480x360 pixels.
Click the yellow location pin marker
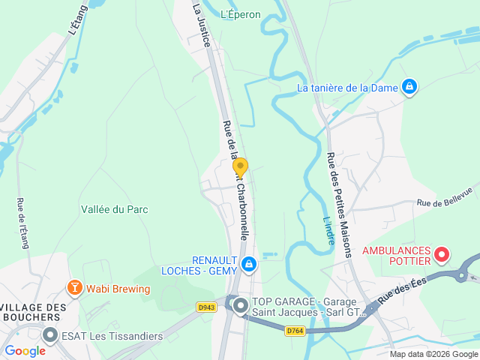pyautogui.click(x=240, y=167)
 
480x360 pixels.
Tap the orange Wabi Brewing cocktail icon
pyautogui.click(x=75, y=288)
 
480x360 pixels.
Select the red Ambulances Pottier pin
pyautogui.click(x=442, y=255)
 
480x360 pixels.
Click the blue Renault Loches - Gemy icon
pyautogui.click(x=249, y=264)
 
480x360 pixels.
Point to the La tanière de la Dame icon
pyautogui.click(x=409, y=88)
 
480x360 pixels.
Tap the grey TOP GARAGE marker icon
pyautogui.click(x=241, y=305)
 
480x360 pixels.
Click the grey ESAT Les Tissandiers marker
pyautogui.click(x=50, y=335)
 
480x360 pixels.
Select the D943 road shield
pyautogui.click(x=206, y=307)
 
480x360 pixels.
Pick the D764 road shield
pyautogui.click(x=295, y=330)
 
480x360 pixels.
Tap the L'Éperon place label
pyautogui.click(x=241, y=14)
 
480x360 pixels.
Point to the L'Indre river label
pyautogui.click(x=328, y=230)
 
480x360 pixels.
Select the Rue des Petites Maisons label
pyautogui.click(x=338, y=205)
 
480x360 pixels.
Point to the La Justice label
pyautogui.click(x=200, y=24)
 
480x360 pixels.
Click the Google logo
pyautogui.click(x=25, y=350)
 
